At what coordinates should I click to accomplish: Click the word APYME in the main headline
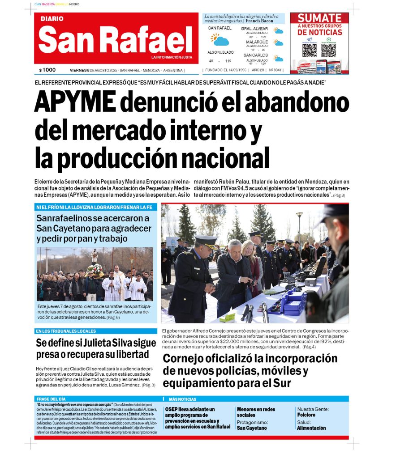75,102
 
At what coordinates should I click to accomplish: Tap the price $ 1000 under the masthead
47,70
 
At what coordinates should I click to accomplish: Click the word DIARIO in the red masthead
52,19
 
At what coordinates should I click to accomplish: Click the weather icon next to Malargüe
279,43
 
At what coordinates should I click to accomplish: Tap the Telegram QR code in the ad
309,50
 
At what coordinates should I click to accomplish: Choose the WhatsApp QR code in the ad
328,50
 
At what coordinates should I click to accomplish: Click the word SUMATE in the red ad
319,18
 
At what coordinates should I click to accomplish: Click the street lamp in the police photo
299,224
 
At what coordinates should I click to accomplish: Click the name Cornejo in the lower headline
189,359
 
